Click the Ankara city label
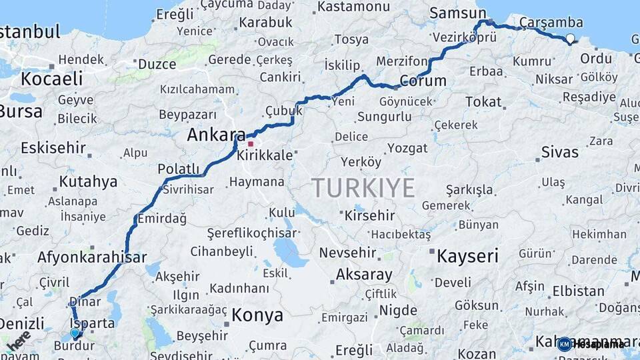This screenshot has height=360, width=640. click(x=211, y=135)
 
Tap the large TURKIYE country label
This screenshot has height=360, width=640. click(x=363, y=188)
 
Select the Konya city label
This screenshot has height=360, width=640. click(x=257, y=315)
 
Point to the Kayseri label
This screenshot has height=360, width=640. click(x=467, y=255)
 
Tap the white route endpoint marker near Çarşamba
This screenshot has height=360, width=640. click(x=571, y=39)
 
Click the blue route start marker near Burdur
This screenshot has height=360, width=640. click(x=75, y=333)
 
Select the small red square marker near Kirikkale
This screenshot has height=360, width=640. click(x=251, y=143)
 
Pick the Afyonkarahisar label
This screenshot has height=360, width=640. click(x=92, y=257)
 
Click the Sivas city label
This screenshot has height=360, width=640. click(x=559, y=151)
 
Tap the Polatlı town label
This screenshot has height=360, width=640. click(x=178, y=169)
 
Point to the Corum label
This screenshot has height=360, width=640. click(x=423, y=81)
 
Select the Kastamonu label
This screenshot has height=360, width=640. click(x=353, y=7)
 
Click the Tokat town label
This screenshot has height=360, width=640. click(x=483, y=101)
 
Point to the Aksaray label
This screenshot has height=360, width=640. click(x=364, y=274)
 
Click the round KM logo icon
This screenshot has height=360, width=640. click(x=564, y=344)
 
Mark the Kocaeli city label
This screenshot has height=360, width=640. click(x=51, y=79)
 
